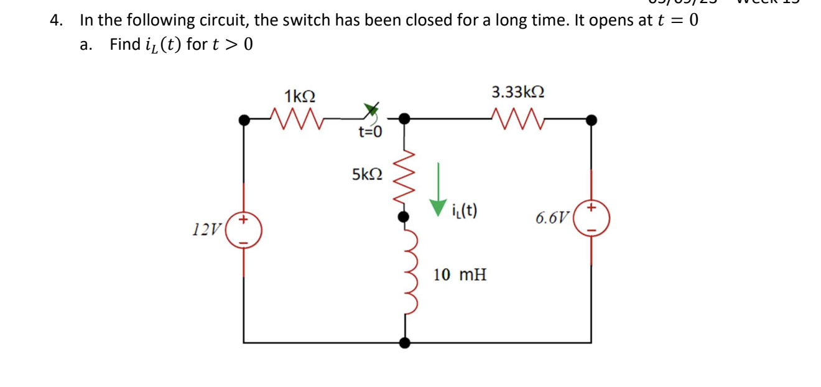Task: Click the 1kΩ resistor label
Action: [299, 96]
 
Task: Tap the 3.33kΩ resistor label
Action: [518, 93]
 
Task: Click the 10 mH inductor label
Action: [460, 274]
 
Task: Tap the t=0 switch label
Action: [371, 132]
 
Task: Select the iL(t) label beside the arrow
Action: [465, 210]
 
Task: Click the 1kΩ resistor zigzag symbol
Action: [296, 116]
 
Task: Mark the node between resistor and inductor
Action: [404, 216]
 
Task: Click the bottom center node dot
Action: [405, 342]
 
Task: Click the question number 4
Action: [57, 20]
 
